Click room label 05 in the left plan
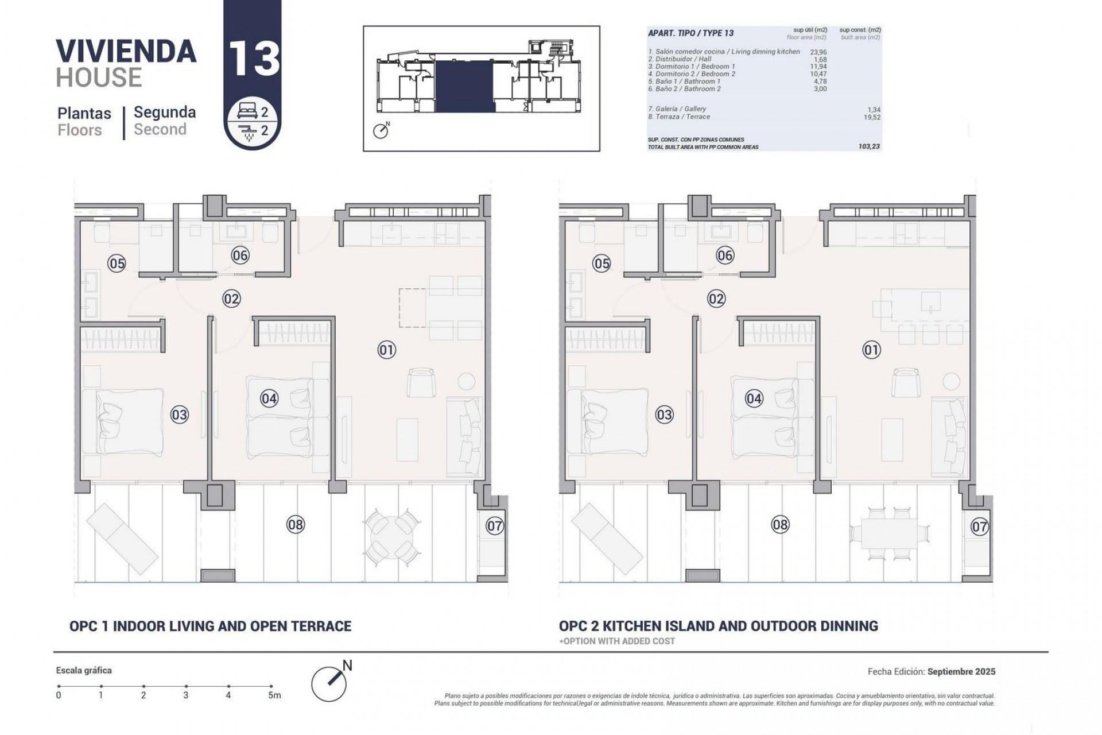coord(117,264)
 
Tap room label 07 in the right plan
coord(980,526)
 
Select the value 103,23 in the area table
coord(869,147)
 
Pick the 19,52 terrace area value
coord(871,117)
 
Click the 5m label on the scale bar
coord(275,695)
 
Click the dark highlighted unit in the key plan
coord(464,86)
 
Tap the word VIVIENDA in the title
coord(126,51)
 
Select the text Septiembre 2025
coord(961,671)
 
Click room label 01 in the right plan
coord(871,350)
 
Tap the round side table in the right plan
coord(952,381)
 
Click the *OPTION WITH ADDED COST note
coord(617,641)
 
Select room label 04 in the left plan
coord(269,398)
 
